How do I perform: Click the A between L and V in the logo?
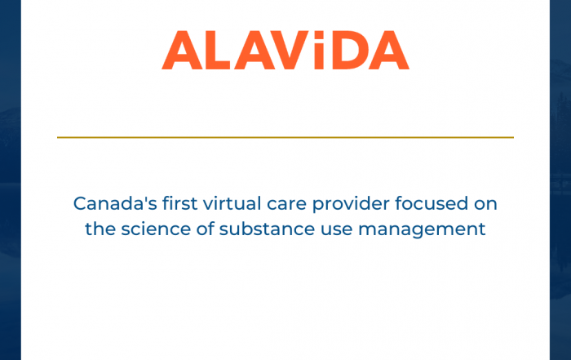[x=255, y=50]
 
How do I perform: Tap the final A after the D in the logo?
[x=389, y=50]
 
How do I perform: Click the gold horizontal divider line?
[x=285, y=137]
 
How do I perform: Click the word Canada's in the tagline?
[x=115, y=203]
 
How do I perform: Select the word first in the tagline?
[x=180, y=203]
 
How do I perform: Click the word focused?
[x=432, y=203]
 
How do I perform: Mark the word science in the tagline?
[x=156, y=229]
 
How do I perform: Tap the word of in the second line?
[x=205, y=229]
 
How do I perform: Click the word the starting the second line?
[x=100, y=229]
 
